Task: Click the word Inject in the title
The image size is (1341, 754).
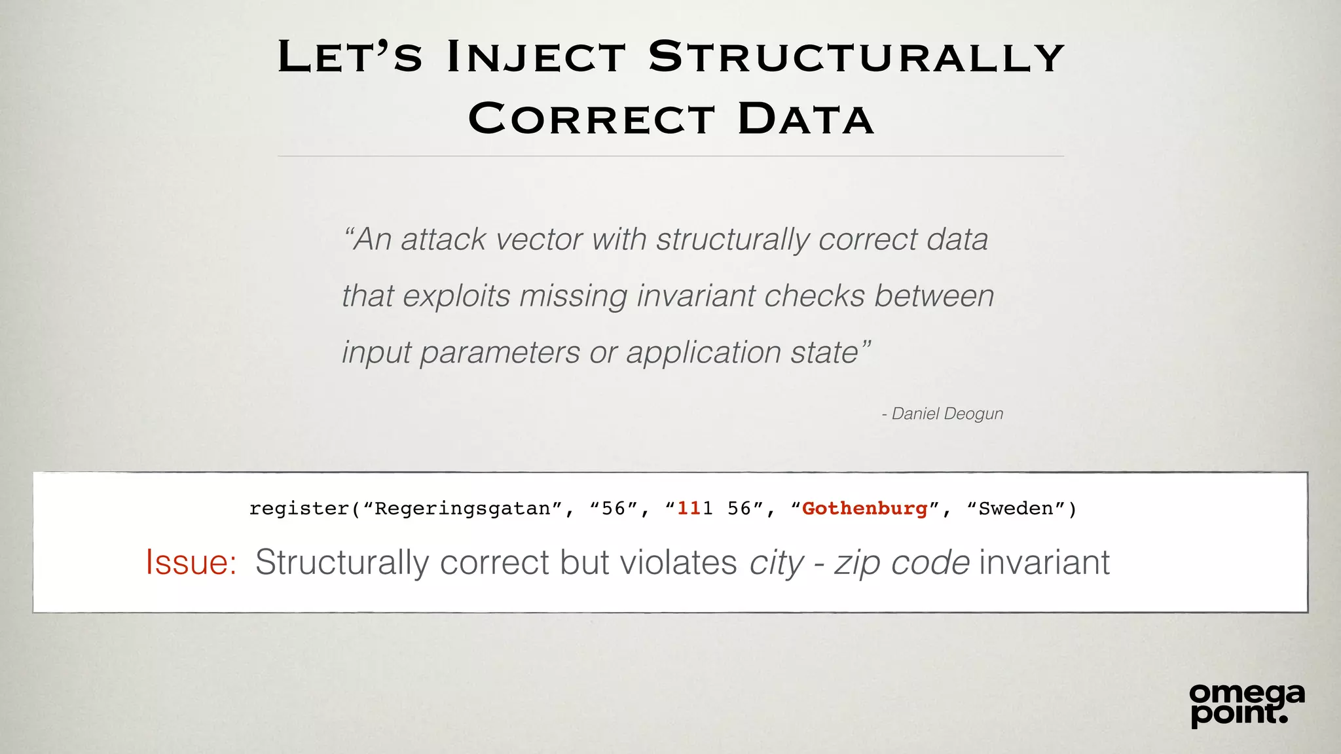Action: point(536,57)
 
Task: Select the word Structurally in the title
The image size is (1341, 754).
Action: point(856,57)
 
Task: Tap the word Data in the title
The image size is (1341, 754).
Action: point(805,119)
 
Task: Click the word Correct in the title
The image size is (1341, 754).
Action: point(591,119)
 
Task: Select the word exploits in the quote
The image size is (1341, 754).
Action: point(456,296)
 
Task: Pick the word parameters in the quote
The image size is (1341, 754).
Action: point(500,353)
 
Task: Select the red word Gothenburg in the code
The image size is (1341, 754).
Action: point(865,509)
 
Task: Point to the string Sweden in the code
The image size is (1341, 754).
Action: point(1016,509)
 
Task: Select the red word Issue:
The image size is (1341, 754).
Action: point(191,562)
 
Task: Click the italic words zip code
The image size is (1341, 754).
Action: point(901,562)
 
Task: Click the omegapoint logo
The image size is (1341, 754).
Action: point(1246,704)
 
